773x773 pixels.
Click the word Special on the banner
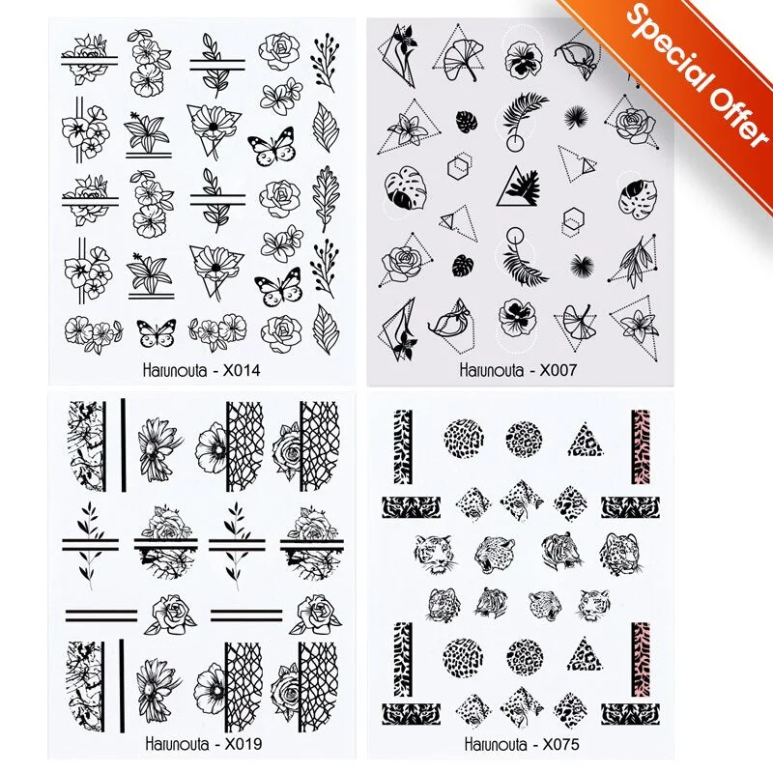click(x=666, y=38)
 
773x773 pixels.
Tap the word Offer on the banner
click(x=730, y=105)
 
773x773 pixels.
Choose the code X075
click(x=561, y=744)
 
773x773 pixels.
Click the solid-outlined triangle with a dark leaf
click(x=517, y=185)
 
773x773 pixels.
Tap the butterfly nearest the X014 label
click(x=156, y=333)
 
